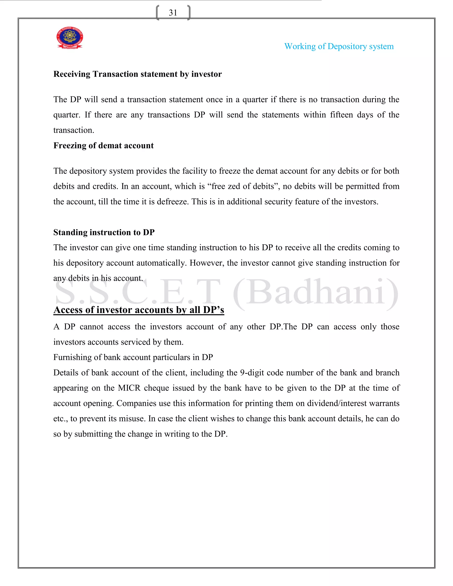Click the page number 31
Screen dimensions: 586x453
coord(173,13)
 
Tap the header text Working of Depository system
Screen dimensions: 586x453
coord(339,46)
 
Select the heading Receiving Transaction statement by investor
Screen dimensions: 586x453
coord(137,74)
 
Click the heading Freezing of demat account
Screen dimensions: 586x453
coord(103,146)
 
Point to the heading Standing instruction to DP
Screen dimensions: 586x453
coord(104,232)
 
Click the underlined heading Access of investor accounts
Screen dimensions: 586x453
coord(138,310)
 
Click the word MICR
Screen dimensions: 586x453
coord(129,388)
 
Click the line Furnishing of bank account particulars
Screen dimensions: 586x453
coord(133,357)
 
